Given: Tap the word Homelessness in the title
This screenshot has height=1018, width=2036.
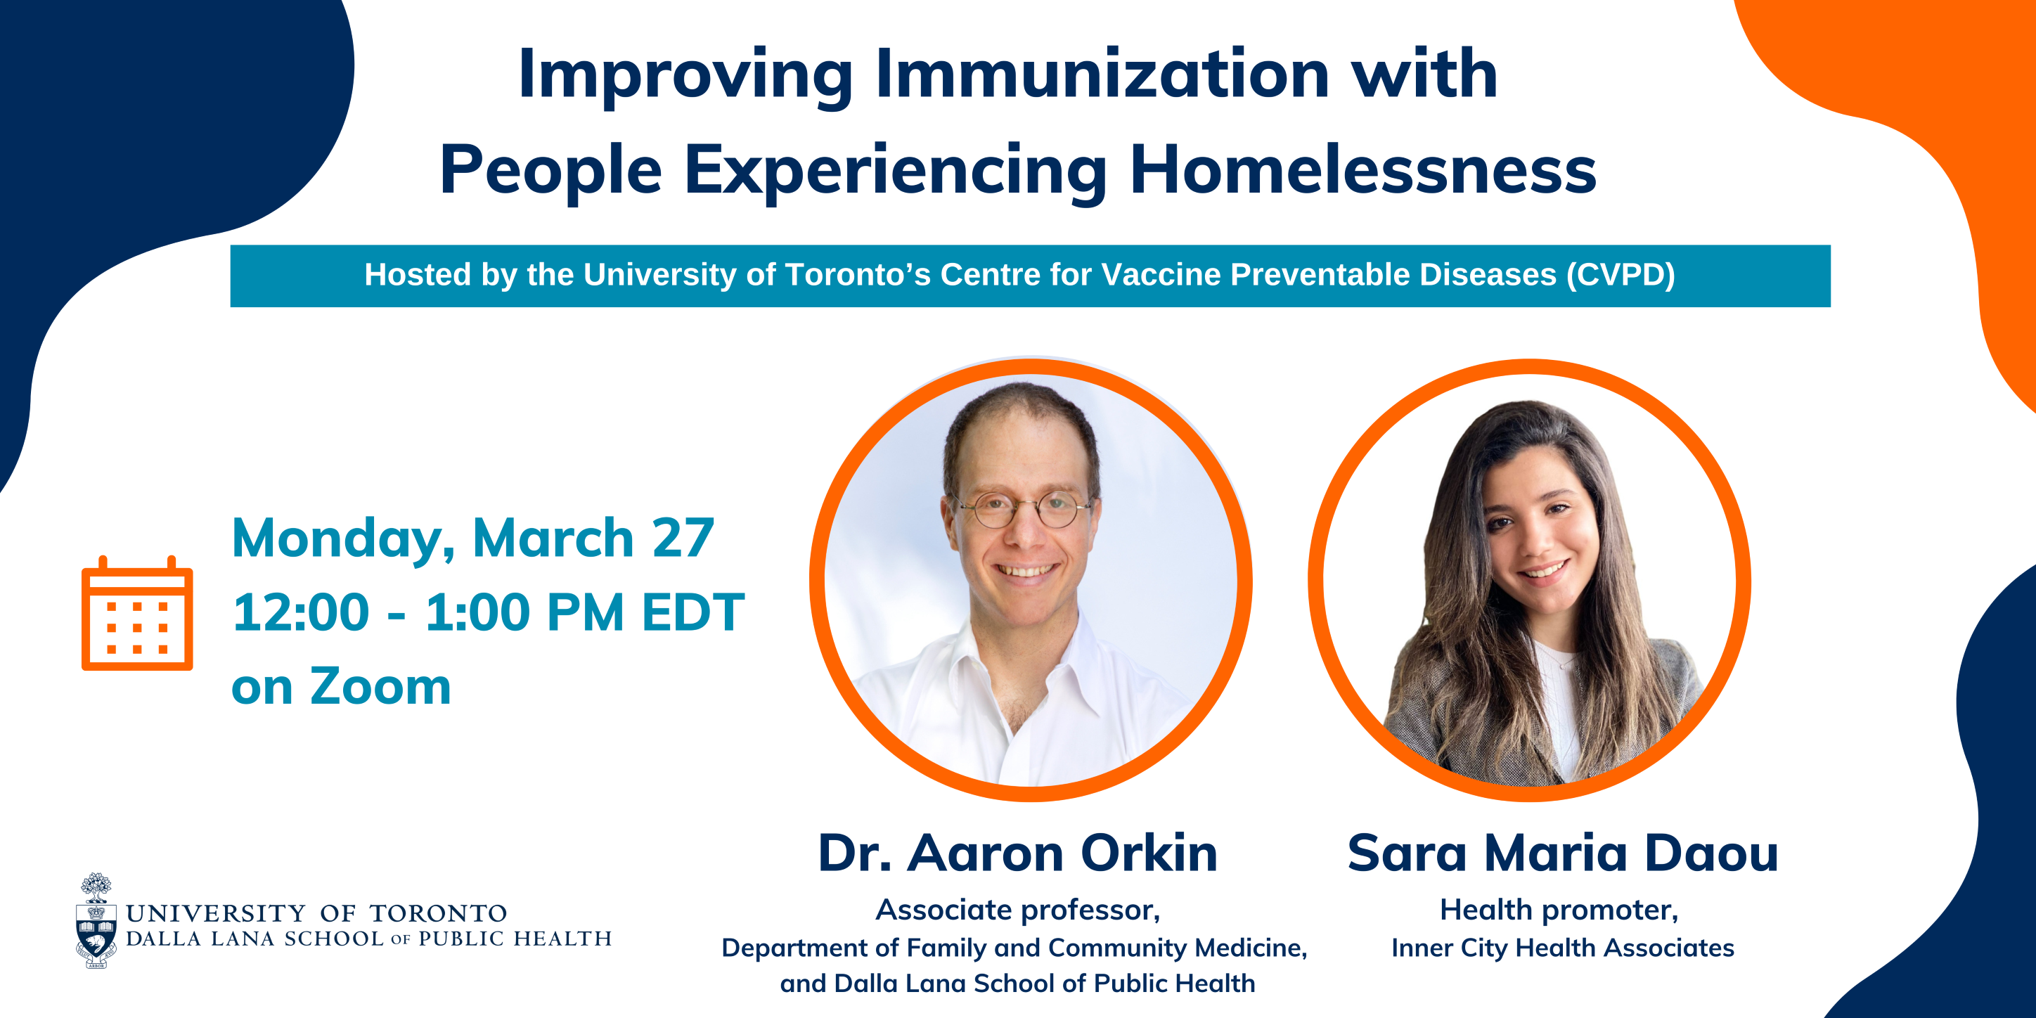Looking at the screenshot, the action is tap(1362, 170).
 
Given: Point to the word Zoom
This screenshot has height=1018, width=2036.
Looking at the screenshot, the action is tap(380, 686).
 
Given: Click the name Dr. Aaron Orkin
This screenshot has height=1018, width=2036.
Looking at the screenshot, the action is tap(1018, 853).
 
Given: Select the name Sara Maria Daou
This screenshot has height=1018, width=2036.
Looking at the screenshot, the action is tap(1563, 853).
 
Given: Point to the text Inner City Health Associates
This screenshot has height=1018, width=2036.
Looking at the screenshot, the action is tap(1563, 948).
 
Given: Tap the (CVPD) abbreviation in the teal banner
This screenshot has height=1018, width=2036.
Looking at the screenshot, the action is tap(1621, 275).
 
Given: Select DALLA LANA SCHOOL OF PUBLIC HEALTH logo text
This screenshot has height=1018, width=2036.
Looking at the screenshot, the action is tap(368, 939).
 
